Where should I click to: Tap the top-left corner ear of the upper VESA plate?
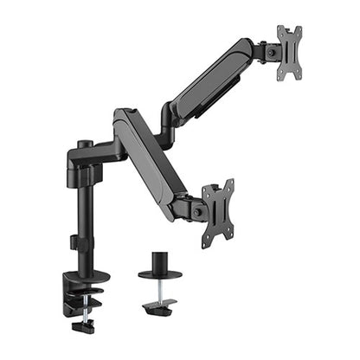coord(280,29)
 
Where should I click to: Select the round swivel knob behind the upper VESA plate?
coord(274,52)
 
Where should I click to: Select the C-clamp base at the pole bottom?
coord(82,290)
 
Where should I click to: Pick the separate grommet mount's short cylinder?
coord(159,261)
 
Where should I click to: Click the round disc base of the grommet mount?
coord(159,275)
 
